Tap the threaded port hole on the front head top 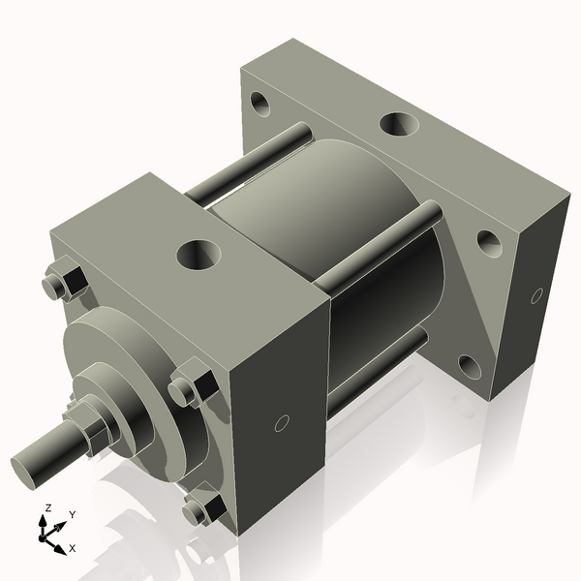[199, 255]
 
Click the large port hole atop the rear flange [397, 124]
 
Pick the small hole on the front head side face [282, 422]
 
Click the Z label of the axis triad [45, 508]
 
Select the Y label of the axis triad [72, 515]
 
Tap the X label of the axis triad [73, 548]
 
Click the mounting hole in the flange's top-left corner [260, 100]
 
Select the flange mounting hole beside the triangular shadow [488, 240]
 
